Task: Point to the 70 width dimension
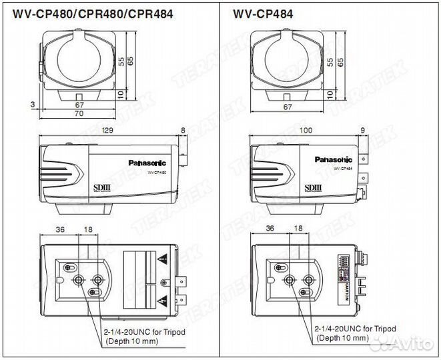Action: click(x=79, y=114)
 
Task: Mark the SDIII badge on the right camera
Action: click(x=312, y=188)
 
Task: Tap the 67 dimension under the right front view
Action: click(x=288, y=106)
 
